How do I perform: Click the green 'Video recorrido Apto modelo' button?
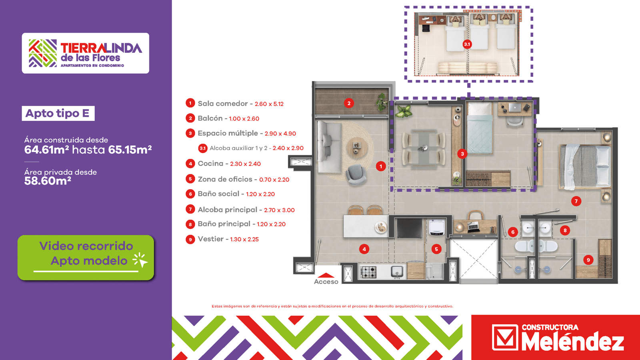tap(86, 258)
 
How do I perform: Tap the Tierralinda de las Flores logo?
tap(86, 53)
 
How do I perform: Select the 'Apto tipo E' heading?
tap(58, 114)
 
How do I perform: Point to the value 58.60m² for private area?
tap(48, 181)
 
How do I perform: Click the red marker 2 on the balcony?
tap(349, 103)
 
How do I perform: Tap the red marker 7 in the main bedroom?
tap(576, 201)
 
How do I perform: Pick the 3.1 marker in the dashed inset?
tap(467, 44)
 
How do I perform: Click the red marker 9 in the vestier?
tap(588, 260)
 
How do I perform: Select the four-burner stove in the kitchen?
tap(368, 272)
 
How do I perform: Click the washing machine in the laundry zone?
tap(436, 228)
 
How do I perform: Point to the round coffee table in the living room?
tap(356, 148)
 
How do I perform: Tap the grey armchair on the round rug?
tap(356, 174)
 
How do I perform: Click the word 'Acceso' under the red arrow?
tap(326, 282)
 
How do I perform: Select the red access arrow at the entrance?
tap(326, 275)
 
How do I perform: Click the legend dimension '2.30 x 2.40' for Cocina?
tap(246, 164)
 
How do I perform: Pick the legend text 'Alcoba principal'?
tap(228, 210)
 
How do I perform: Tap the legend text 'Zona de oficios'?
tap(225, 179)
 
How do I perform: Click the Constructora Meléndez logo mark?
tap(505, 338)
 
